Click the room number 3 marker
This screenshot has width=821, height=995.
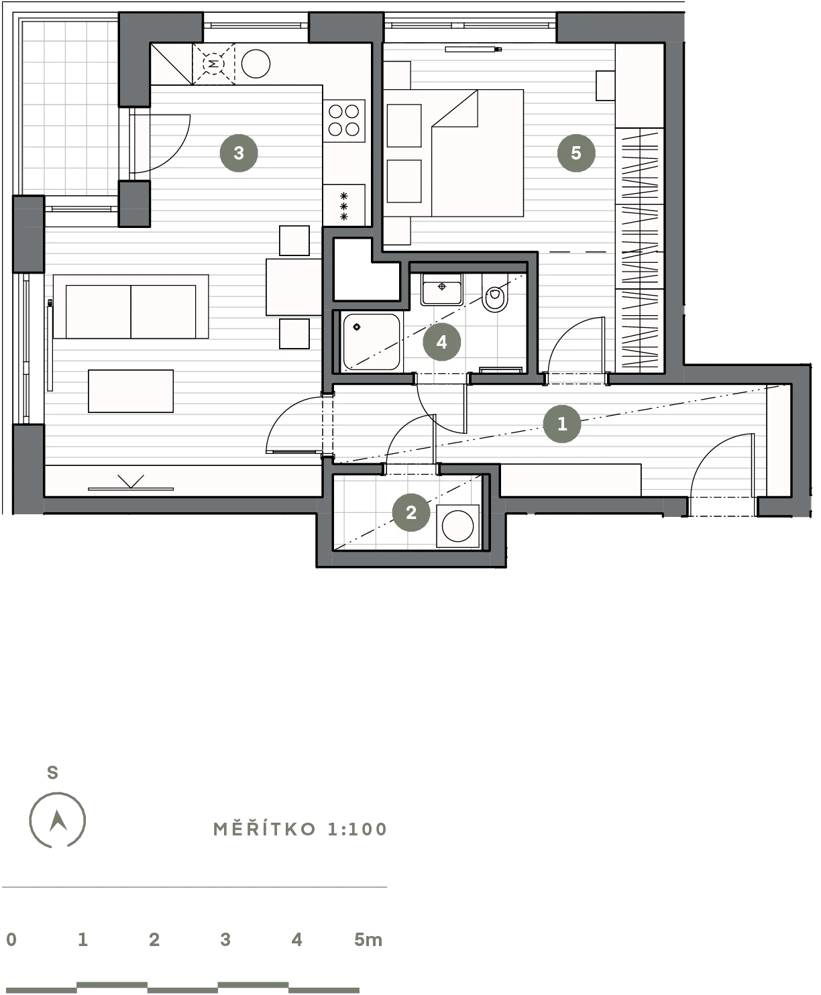click(239, 153)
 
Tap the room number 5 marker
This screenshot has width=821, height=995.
click(576, 152)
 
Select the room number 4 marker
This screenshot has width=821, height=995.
click(441, 342)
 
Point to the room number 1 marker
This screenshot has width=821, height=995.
click(562, 424)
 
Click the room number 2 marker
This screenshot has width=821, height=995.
click(411, 512)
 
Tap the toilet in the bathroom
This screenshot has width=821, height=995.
click(494, 293)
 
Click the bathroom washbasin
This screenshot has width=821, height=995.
click(441, 289)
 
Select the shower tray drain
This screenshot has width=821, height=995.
click(357, 327)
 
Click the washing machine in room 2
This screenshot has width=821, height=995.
click(457, 526)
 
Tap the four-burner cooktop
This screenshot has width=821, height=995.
click(343, 121)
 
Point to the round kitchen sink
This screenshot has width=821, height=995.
click(256, 64)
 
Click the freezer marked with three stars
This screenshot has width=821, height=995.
click(343, 205)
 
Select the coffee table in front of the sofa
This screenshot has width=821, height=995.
click(131, 391)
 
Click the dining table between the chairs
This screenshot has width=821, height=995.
click(294, 287)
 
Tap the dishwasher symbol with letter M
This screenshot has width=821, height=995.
click(213, 64)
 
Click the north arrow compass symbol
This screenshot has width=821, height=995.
click(58, 820)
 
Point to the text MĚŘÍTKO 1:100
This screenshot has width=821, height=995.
click(300, 829)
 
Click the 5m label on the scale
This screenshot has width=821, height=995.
click(368, 939)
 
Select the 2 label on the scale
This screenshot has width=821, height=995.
click(154, 939)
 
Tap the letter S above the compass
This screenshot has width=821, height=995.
click(52, 772)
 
